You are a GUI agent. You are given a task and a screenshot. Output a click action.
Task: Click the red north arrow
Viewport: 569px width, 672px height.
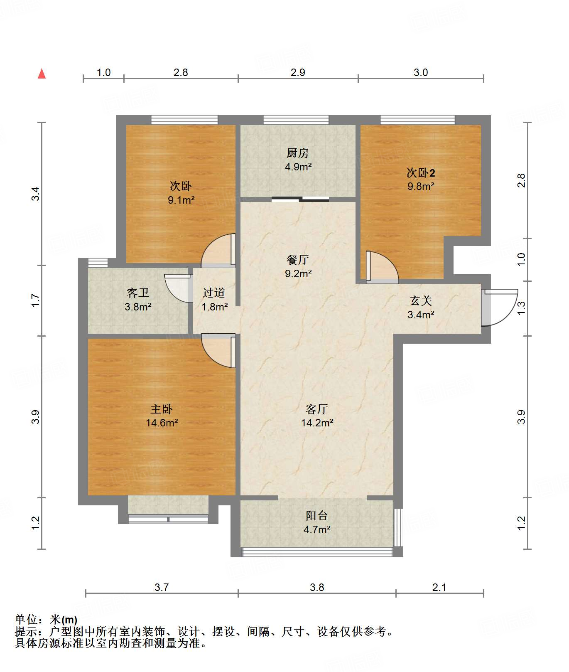(x=42, y=74)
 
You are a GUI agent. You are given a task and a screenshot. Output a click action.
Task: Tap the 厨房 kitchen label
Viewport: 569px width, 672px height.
(x=298, y=153)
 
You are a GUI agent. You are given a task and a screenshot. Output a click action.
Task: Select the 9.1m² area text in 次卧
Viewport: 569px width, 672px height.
(x=181, y=200)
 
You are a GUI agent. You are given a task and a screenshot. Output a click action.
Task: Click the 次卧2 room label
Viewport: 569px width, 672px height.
(x=421, y=172)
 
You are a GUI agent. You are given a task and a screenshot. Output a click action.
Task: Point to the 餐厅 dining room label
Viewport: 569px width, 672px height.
(x=298, y=260)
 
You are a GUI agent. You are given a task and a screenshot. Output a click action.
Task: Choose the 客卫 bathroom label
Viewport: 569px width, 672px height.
(x=138, y=293)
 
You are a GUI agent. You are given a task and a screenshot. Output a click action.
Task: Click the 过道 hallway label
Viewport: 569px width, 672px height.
(x=214, y=293)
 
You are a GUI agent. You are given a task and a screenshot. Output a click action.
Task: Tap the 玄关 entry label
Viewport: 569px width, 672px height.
(x=421, y=300)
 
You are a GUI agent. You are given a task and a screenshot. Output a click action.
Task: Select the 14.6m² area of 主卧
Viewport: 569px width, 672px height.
(x=162, y=423)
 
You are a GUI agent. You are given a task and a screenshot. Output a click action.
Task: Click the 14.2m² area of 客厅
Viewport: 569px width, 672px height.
(x=317, y=423)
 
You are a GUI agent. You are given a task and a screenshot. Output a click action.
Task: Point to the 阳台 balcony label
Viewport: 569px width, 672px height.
(x=317, y=516)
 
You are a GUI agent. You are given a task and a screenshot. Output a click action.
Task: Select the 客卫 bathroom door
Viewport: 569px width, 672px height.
(x=179, y=288)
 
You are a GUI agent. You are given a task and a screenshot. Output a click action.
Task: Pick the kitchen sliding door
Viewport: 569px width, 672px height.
(x=300, y=199)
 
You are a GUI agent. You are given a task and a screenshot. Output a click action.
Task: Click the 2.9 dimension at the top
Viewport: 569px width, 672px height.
(x=298, y=73)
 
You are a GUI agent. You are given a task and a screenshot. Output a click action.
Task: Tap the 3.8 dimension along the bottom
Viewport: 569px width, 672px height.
(x=317, y=587)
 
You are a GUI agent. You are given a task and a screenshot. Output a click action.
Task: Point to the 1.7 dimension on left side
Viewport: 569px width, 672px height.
(x=35, y=300)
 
